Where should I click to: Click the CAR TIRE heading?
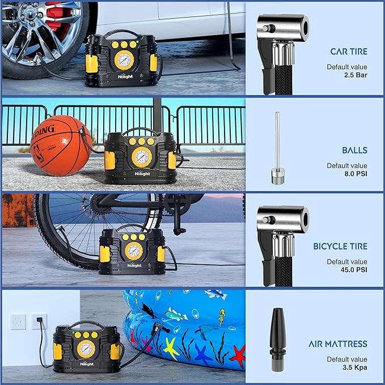tap(348, 52)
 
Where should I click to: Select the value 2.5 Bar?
tap(356, 75)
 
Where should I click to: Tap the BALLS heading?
tap(354, 150)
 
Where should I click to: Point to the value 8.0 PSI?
tap(356, 174)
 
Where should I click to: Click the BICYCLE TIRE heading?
tap(340, 247)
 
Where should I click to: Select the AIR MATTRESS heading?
tap(338, 344)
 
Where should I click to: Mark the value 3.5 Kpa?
tap(355, 367)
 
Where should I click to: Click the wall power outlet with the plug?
tap(39, 321)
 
